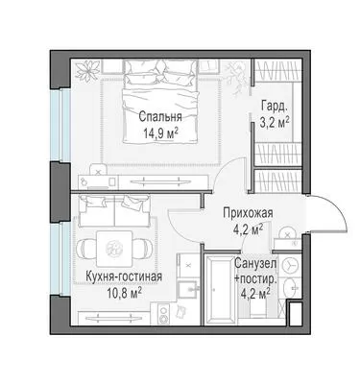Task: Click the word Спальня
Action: [x=160, y=117]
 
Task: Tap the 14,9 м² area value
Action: [x=160, y=133]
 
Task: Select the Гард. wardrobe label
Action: [x=275, y=107]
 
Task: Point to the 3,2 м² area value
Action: [x=275, y=123]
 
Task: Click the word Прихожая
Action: [x=249, y=213]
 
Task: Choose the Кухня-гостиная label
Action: [x=124, y=276]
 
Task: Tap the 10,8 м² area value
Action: [x=125, y=294]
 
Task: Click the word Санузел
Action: [x=255, y=264]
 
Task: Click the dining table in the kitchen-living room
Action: [x=114, y=249]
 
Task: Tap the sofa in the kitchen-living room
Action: [x=114, y=211]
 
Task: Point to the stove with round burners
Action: [x=164, y=314]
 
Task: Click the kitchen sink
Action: [x=187, y=290]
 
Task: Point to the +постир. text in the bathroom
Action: [x=255, y=279]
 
